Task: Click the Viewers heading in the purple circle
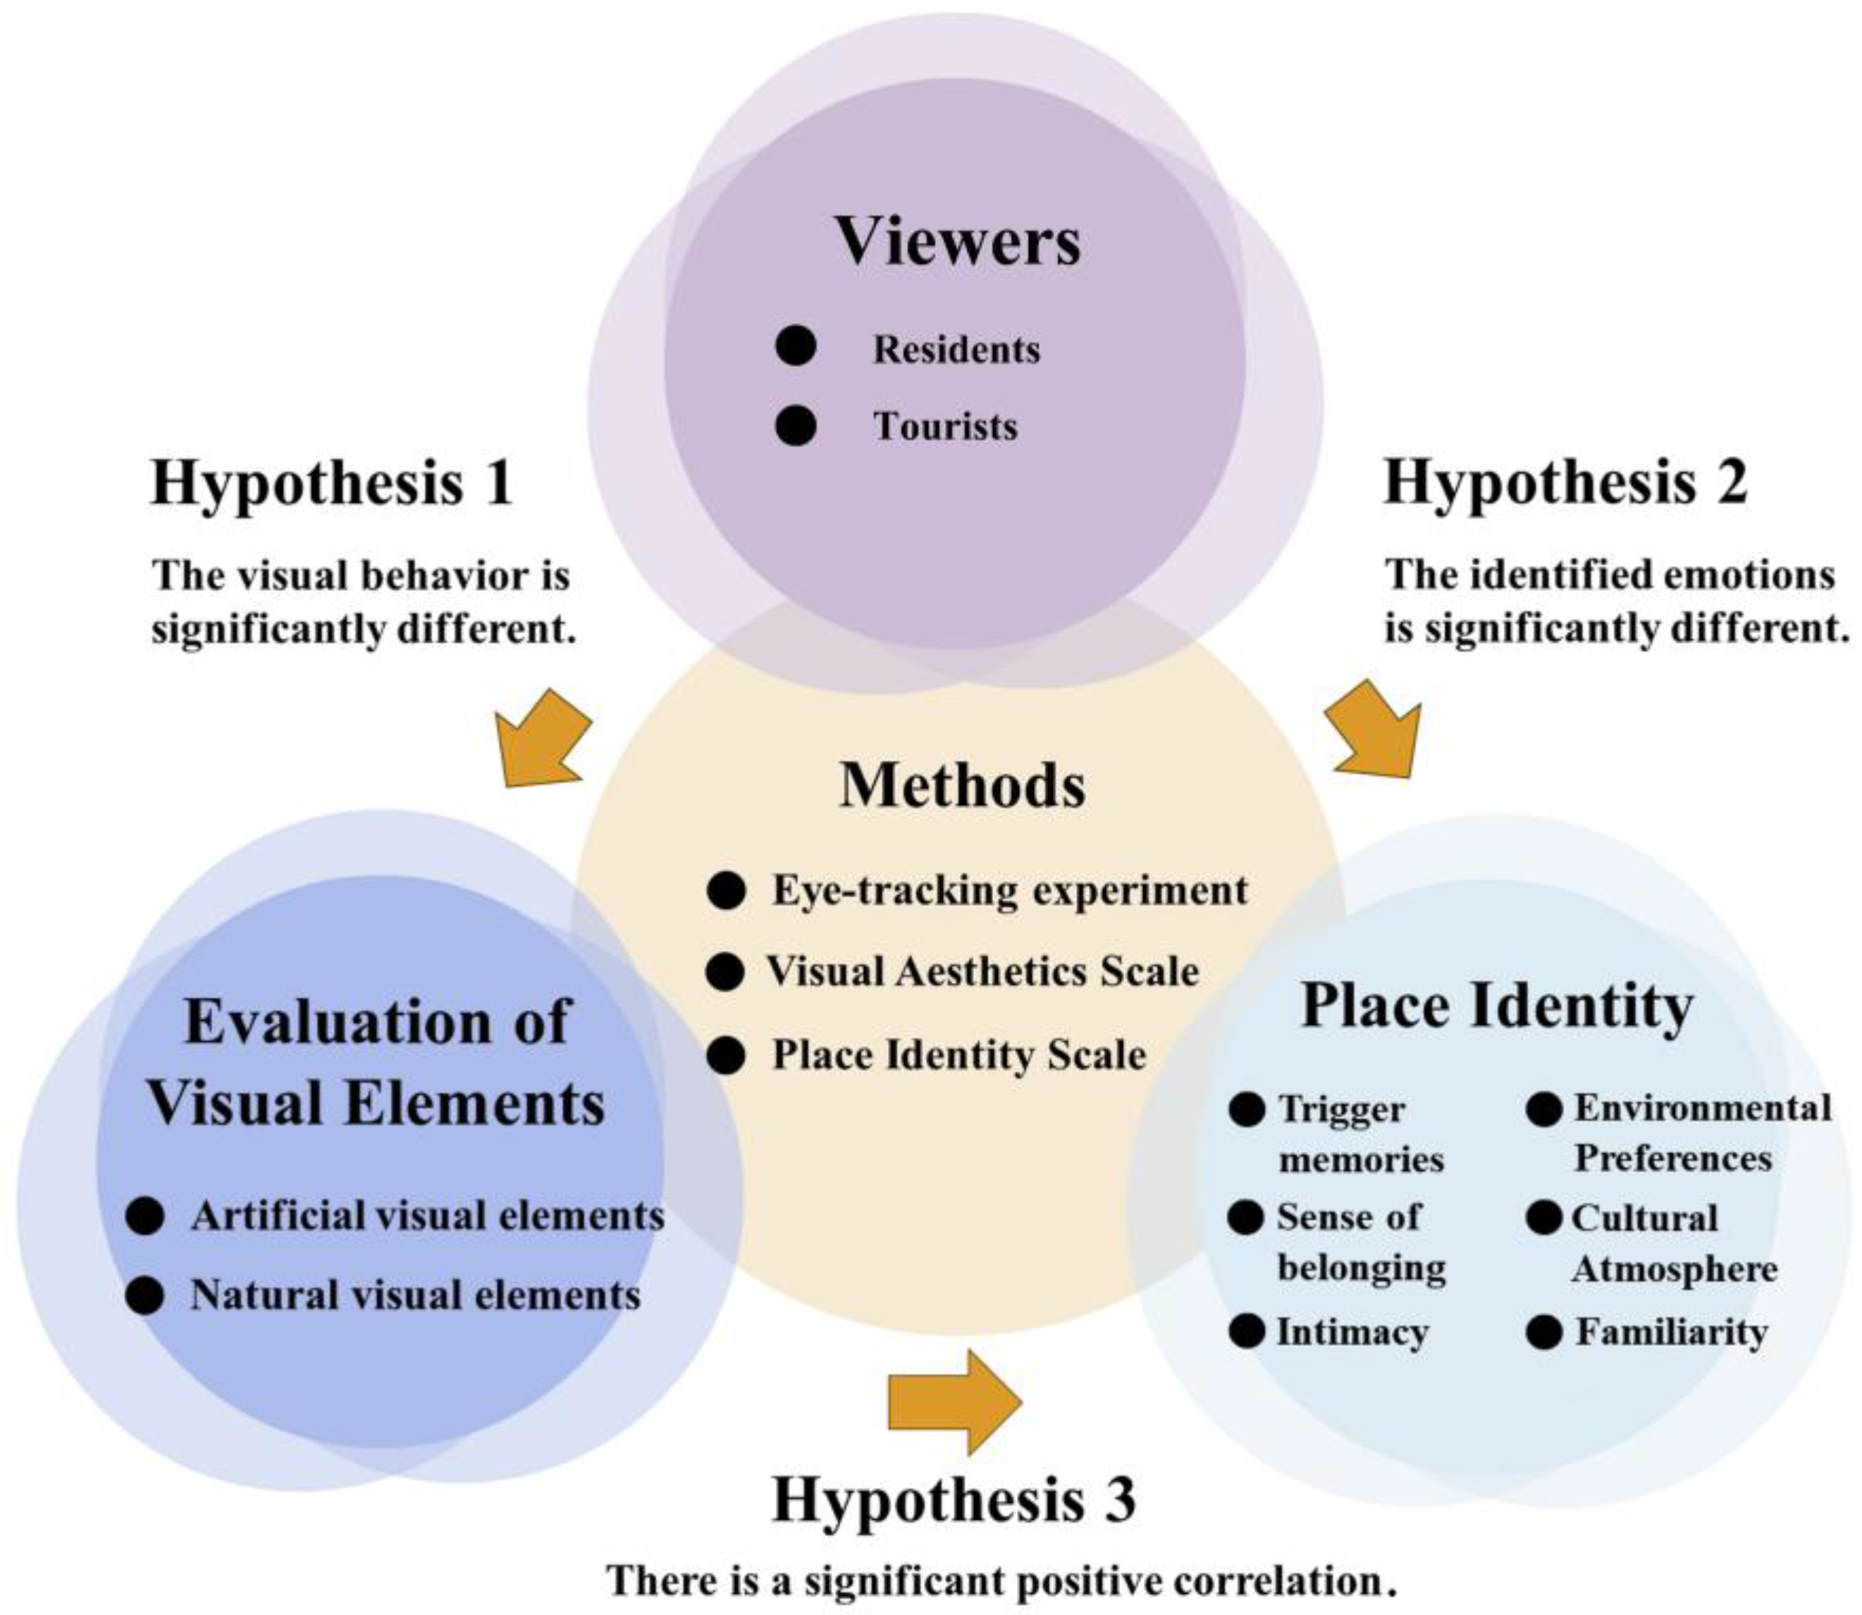pos(958,241)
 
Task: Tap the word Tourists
pos(945,426)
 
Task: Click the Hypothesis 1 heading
pos(332,482)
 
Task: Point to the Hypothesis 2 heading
pos(1565,482)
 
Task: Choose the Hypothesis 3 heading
pos(954,1500)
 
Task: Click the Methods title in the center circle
pos(962,786)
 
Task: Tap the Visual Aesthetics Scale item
pos(983,971)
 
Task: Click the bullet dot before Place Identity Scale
pos(726,1055)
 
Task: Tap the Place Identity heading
pos(1497,1006)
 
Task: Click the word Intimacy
pos(1352,1332)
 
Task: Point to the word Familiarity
pos(1671,1332)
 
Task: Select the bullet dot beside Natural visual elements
pos(145,1296)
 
